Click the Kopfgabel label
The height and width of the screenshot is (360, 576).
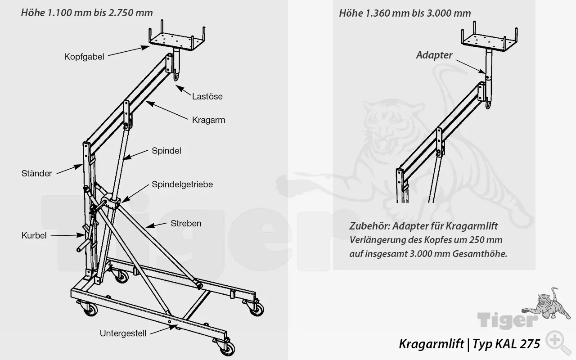click(x=84, y=57)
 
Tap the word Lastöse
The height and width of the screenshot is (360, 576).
click(x=207, y=96)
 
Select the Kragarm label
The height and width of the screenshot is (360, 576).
click(x=208, y=120)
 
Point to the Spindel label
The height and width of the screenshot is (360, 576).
click(x=166, y=151)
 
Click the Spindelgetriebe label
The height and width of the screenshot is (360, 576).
click(x=182, y=184)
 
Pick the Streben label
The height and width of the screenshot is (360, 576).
click(x=186, y=223)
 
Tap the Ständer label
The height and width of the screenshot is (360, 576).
click(x=37, y=173)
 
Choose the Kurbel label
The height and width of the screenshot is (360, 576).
click(x=34, y=235)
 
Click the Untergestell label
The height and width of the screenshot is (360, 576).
click(x=122, y=333)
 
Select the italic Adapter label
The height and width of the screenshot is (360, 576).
click(x=434, y=55)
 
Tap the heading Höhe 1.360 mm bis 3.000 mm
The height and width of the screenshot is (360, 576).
click(x=405, y=13)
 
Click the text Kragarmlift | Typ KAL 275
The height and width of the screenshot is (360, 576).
click(x=469, y=344)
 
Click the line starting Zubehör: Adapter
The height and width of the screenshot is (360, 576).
click(x=423, y=225)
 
